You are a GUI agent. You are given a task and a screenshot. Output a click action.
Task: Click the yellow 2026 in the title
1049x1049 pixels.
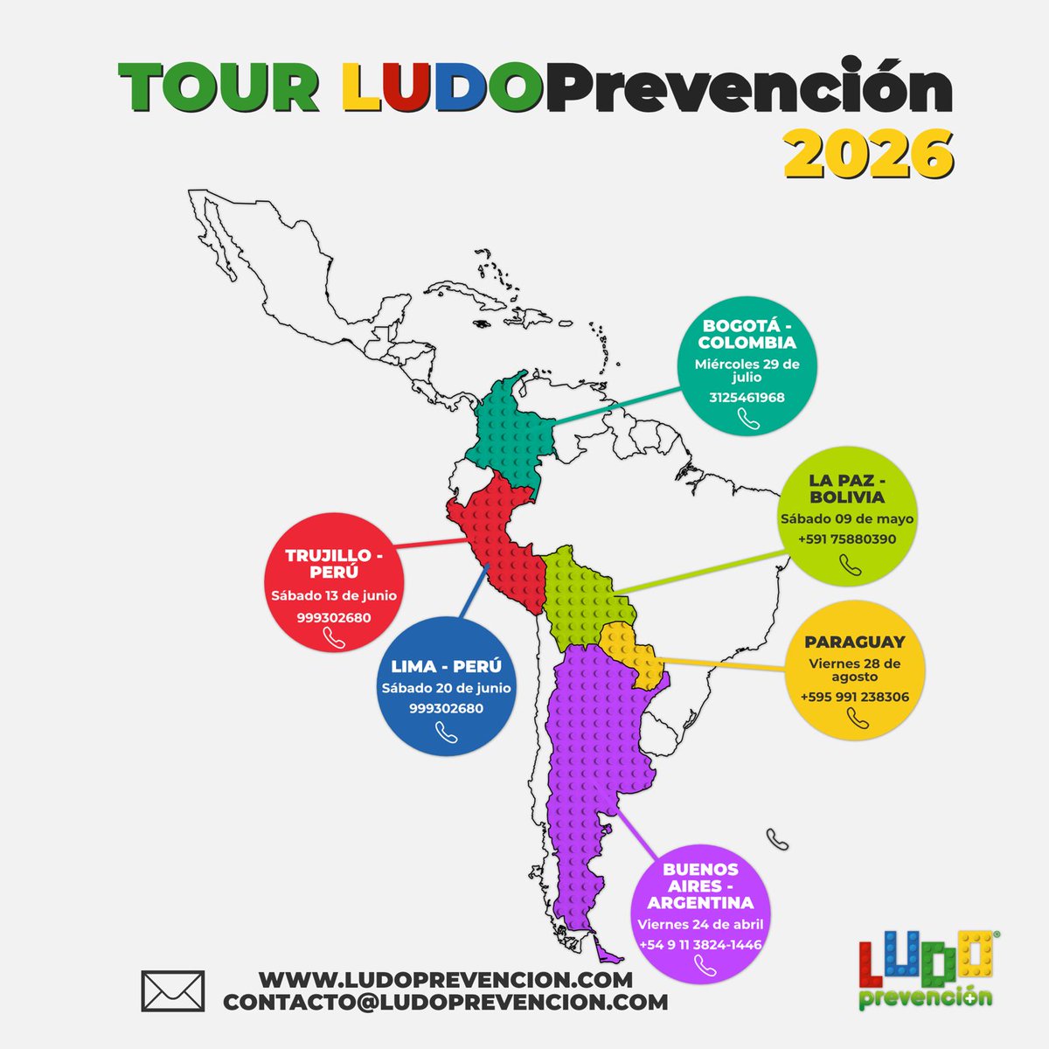tap(867, 154)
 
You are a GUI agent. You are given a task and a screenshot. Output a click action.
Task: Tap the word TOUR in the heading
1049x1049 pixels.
tap(219, 87)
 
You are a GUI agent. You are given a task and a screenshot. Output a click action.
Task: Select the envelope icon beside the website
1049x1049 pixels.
tap(172, 991)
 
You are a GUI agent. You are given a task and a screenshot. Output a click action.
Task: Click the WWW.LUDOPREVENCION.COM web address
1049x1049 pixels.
tap(446, 979)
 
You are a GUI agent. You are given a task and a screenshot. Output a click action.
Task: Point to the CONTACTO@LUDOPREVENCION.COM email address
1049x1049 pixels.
tap(446, 1002)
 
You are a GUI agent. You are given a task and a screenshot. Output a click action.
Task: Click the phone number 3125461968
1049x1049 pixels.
tap(747, 398)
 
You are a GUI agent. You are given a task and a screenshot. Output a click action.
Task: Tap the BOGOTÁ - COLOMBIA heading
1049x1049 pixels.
tap(749, 335)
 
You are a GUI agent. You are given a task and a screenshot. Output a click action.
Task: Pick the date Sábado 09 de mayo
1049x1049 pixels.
tap(847, 518)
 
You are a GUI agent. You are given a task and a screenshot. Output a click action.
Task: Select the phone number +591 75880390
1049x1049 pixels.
tap(847, 539)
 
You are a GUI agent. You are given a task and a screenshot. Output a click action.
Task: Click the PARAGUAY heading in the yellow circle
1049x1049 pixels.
tap(854, 642)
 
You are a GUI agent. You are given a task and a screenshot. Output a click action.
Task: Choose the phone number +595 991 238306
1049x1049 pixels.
tap(854, 698)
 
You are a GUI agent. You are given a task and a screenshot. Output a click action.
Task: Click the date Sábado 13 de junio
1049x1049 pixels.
tap(334, 596)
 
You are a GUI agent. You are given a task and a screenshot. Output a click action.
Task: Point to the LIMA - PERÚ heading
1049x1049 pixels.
tap(446, 667)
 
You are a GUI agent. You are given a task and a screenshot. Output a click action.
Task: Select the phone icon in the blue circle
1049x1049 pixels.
tap(447, 733)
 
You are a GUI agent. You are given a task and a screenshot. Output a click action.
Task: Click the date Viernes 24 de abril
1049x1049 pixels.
tap(700, 924)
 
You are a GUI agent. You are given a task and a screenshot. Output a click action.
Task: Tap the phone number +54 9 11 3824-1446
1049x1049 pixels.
tap(700, 945)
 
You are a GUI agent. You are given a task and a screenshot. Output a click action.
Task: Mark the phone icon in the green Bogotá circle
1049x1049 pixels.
tap(748, 420)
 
